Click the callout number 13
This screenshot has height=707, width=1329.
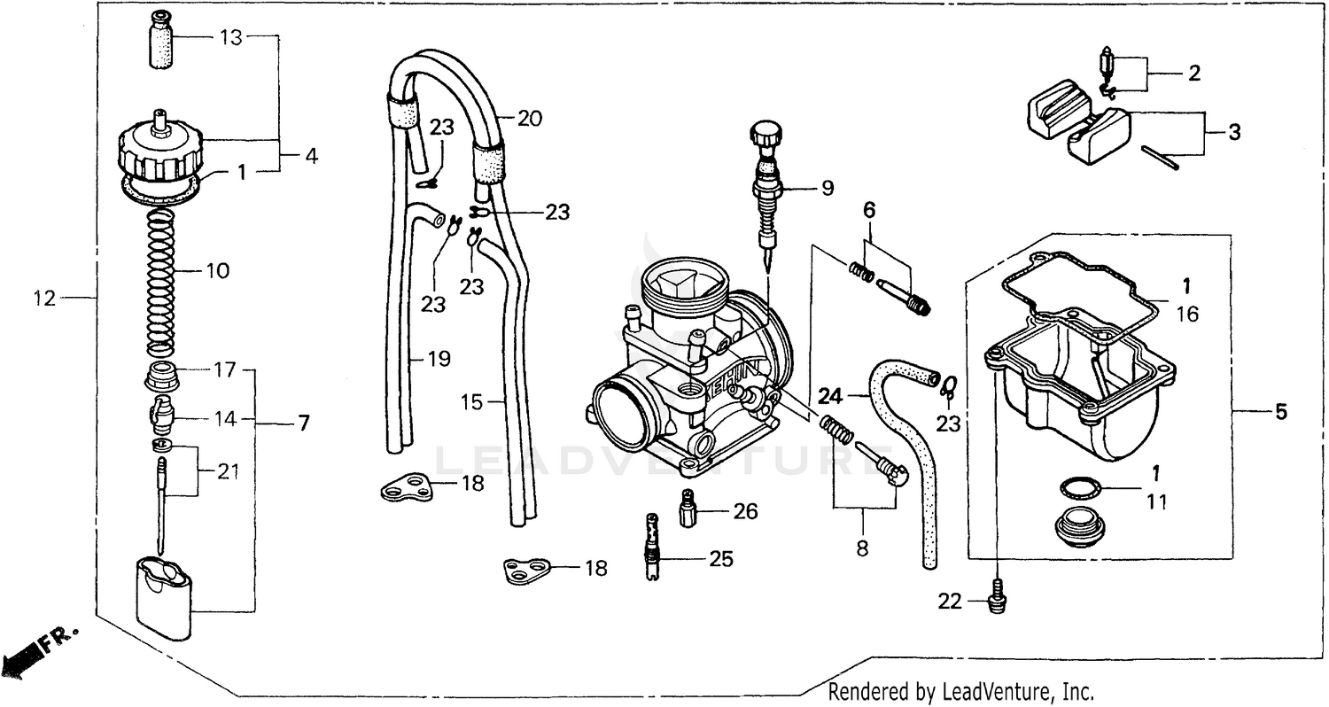[x=230, y=37]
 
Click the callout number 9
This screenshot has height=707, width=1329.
[x=827, y=188]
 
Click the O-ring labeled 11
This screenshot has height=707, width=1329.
[x=1075, y=486]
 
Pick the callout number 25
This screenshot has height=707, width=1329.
[x=720, y=558]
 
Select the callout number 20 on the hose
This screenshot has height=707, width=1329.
[x=529, y=119]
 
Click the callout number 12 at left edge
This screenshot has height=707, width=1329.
[x=45, y=299]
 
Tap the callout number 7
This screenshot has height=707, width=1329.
[x=303, y=423]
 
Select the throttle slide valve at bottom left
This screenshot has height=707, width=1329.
[x=164, y=596]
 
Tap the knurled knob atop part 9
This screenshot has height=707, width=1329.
[x=765, y=136]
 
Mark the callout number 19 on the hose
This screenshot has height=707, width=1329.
[x=438, y=359]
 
